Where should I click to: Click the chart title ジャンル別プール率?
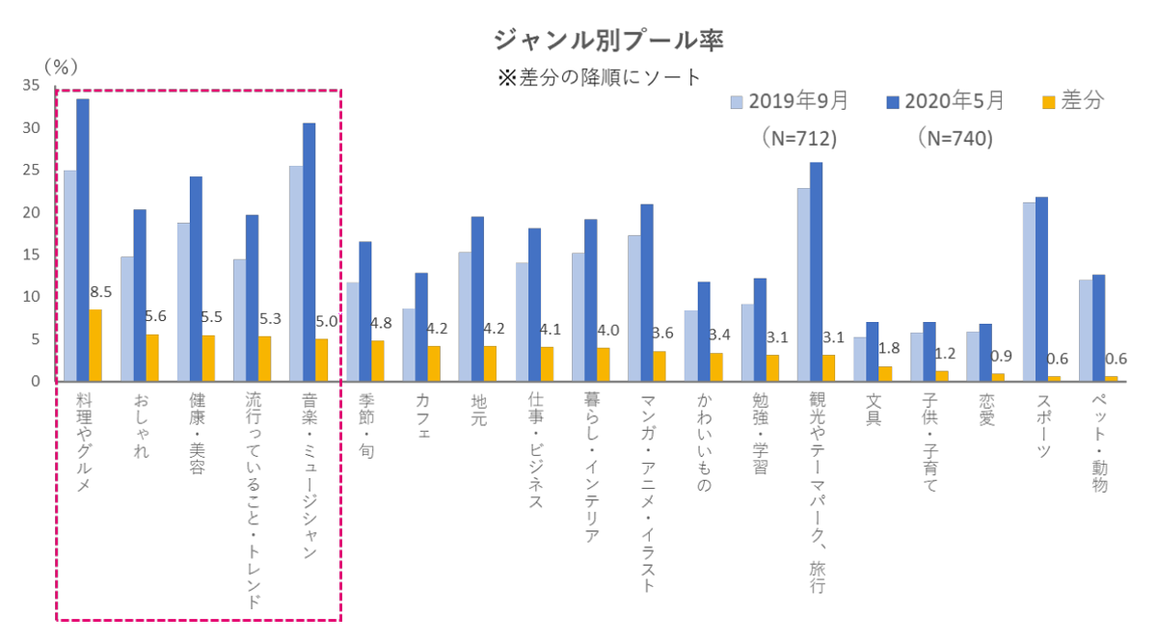click(607, 40)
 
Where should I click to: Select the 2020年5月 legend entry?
click(946, 100)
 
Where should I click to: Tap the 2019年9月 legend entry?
click(791, 100)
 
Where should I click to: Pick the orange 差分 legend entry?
click(1071, 100)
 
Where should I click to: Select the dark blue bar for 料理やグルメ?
click(83, 240)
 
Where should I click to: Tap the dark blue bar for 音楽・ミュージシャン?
click(309, 252)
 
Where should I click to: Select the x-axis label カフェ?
click(422, 415)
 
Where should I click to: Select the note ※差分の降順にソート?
click(600, 77)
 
